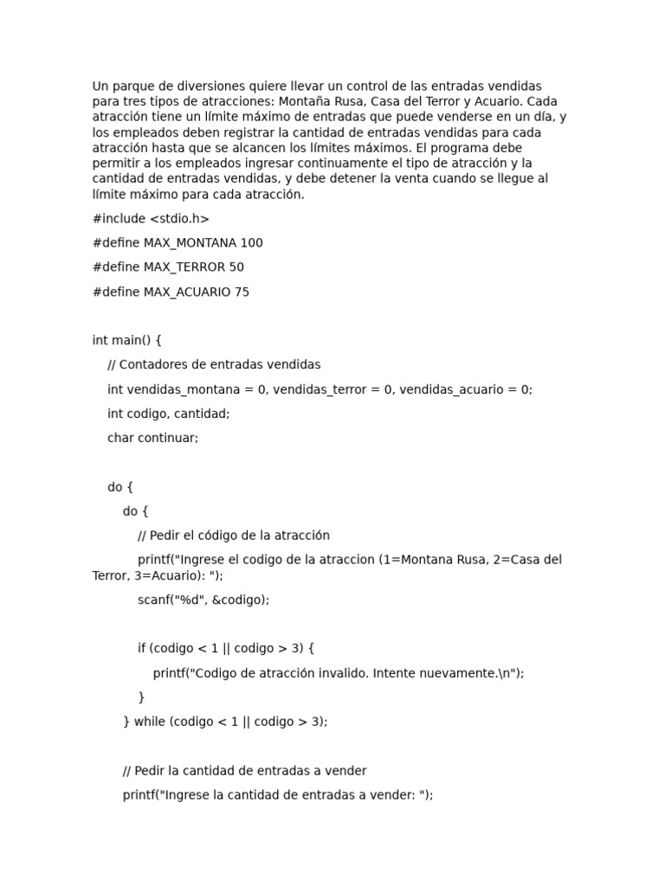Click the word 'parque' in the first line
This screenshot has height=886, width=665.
[x=130, y=86]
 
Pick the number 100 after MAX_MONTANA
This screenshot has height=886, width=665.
[x=252, y=243]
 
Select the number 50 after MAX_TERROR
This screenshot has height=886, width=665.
[x=236, y=267]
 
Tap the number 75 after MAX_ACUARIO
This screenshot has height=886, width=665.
[x=242, y=292]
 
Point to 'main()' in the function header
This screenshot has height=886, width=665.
[x=133, y=340]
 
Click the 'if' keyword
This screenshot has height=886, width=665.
[x=142, y=648]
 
